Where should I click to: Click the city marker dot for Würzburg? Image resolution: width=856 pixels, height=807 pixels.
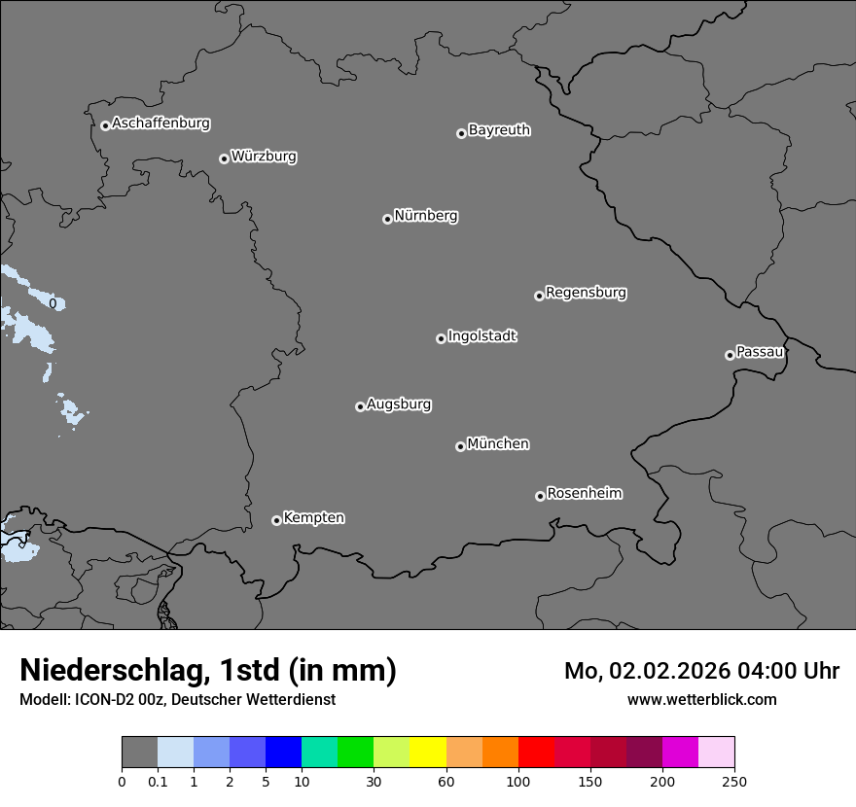[224, 158]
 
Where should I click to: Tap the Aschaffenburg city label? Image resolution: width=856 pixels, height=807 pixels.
[160, 123]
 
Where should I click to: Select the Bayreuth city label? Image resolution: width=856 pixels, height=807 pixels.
[499, 130]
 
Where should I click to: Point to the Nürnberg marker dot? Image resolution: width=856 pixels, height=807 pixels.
[387, 219]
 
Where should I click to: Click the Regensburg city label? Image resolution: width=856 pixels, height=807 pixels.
[586, 293]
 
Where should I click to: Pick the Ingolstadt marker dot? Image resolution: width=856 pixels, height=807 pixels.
[441, 338]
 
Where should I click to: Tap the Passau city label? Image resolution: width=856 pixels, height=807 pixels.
[760, 352]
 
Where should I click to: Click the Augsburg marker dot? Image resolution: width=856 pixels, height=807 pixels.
[360, 406]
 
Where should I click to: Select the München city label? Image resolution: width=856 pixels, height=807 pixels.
[498, 444]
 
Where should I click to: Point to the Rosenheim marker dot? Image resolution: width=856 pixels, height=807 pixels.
[540, 497]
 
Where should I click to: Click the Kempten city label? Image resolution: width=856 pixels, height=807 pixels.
[313, 518]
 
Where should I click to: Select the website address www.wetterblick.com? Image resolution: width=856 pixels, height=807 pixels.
[701, 699]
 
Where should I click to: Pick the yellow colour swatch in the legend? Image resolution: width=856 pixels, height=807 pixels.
[428, 753]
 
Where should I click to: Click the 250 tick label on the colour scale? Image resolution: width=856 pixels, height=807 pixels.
[734, 782]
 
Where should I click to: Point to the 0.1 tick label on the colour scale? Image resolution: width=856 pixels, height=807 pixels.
[158, 782]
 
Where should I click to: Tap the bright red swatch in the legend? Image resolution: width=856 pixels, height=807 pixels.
[536, 753]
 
